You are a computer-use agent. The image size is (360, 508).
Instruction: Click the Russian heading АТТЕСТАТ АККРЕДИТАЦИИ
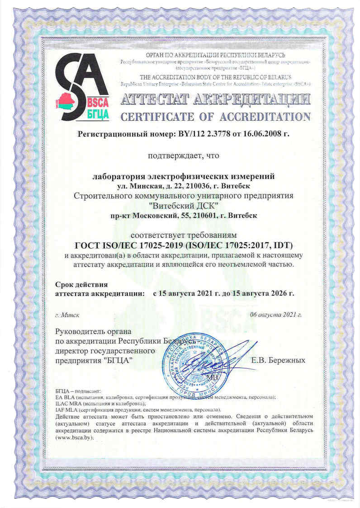coord(215,99)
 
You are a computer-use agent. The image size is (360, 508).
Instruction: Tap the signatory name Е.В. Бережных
coord(278,361)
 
